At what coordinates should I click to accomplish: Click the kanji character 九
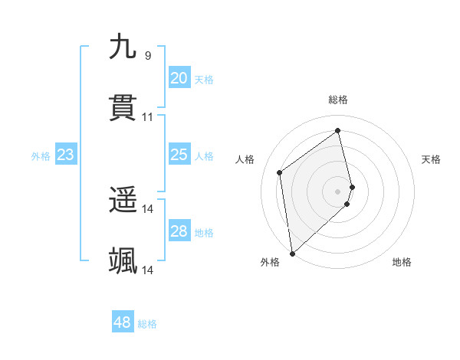(x=123, y=47)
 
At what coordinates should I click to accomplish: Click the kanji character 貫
(x=123, y=109)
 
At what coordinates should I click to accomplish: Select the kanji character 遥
(x=123, y=201)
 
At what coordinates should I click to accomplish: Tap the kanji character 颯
(x=123, y=261)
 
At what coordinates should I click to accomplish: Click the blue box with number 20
(x=179, y=78)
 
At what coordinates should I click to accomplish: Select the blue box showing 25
(x=179, y=155)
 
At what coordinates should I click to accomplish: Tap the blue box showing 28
(x=179, y=231)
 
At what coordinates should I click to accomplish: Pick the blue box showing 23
(x=65, y=155)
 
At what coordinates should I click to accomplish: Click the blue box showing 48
(x=122, y=322)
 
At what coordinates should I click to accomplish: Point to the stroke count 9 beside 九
(x=148, y=55)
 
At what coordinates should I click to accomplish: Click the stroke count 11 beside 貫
(x=148, y=117)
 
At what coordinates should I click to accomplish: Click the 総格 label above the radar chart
(x=338, y=100)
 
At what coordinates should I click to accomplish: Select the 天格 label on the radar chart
(x=432, y=159)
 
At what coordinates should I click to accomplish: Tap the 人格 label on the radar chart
(x=245, y=159)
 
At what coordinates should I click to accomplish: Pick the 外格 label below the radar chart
(x=270, y=262)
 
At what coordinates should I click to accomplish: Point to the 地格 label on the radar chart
(x=402, y=262)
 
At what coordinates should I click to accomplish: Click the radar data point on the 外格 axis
(x=292, y=253)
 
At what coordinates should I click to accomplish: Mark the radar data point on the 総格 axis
(x=338, y=130)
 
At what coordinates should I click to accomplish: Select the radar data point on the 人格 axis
(x=280, y=172)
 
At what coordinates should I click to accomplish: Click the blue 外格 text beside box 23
(x=41, y=155)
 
